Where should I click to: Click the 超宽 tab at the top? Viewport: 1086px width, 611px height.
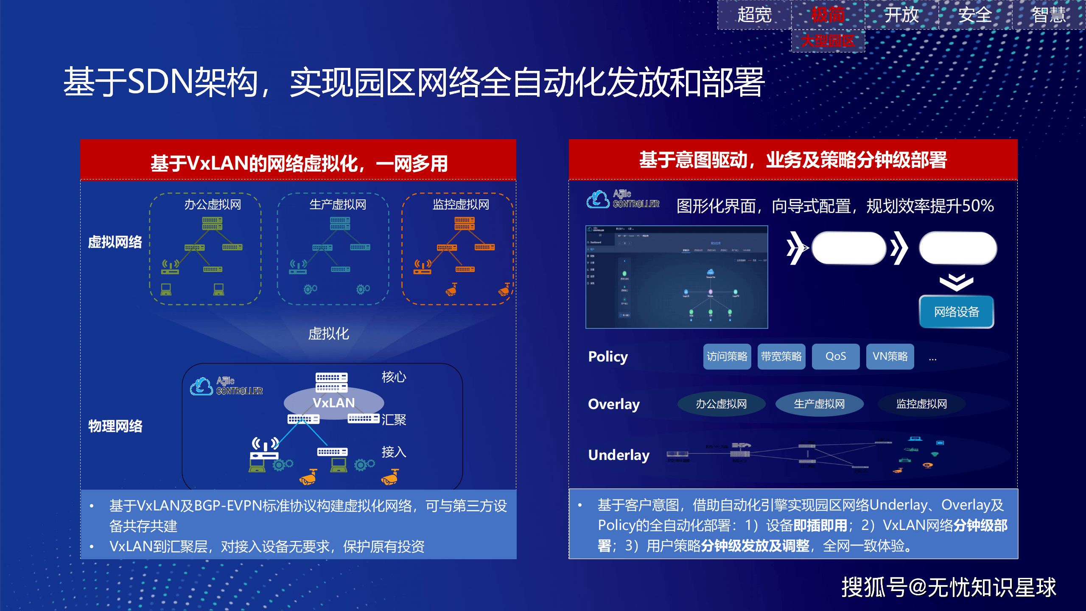point(754,15)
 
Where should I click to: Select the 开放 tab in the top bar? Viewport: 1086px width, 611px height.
point(901,15)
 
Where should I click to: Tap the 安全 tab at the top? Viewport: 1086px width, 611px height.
point(975,15)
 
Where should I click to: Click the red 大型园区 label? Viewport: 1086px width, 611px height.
point(828,41)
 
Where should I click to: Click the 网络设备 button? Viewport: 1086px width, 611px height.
point(956,312)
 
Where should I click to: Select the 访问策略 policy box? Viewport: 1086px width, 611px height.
point(727,356)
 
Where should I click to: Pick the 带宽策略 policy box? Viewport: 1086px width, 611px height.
point(781,356)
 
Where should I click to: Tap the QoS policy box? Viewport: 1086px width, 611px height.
point(836,356)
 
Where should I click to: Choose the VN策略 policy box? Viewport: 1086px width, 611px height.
point(890,356)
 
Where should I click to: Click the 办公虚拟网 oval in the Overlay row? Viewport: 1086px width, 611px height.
point(721,404)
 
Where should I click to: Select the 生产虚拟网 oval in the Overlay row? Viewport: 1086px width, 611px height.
point(819,404)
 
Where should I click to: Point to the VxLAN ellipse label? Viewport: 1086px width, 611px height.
point(334,403)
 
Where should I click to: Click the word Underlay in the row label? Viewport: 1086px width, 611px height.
point(619,455)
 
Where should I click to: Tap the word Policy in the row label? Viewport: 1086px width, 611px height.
point(608,357)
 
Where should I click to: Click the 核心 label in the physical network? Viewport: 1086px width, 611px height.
point(394,377)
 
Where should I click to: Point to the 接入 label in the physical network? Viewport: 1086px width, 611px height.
point(394,452)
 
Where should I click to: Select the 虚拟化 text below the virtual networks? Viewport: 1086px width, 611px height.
point(328,334)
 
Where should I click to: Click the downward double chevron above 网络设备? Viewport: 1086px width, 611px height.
point(956,282)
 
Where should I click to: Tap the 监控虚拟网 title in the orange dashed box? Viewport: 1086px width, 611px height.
point(461,205)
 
